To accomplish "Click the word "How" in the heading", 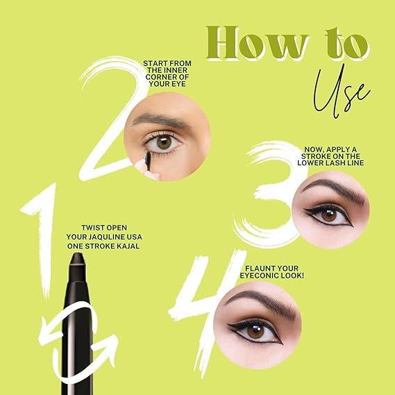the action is click(x=258, y=42).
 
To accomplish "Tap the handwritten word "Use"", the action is click(x=342, y=91).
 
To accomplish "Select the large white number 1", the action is click(x=42, y=239).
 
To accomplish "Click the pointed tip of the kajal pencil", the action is click(x=77, y=254).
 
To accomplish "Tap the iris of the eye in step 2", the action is click(x=164, y=142).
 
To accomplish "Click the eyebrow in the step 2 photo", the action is click(x=161, y=120).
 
